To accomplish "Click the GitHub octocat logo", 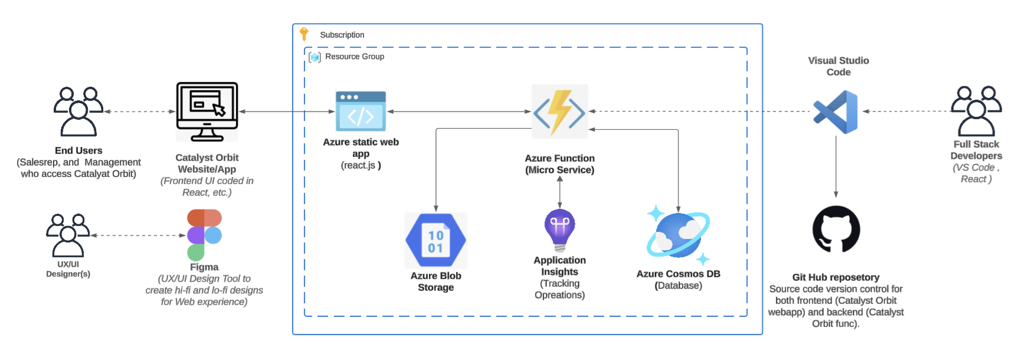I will click(836, 229).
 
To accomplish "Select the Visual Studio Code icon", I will click(836, 112).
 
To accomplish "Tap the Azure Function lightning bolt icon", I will click(559, 112).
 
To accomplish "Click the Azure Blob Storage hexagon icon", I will click(436, 241).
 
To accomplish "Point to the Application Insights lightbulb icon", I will click(559, 230).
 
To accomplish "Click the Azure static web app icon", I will click(361, 111).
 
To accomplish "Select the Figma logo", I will click(204, 235).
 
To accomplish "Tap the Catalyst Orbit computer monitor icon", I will click(207, 112).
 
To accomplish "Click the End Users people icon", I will click(78, 112).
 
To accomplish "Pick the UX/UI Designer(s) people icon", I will click(68, 235).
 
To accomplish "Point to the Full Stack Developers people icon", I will click(976, 111).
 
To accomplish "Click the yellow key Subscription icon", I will click(304, 34).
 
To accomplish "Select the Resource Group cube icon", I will click(315, 57).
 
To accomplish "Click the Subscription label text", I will click(342, 35).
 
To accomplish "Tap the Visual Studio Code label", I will click(838, 66).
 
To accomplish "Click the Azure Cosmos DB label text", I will click(678, 274).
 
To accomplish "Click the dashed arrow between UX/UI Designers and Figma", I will click(139, 235).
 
